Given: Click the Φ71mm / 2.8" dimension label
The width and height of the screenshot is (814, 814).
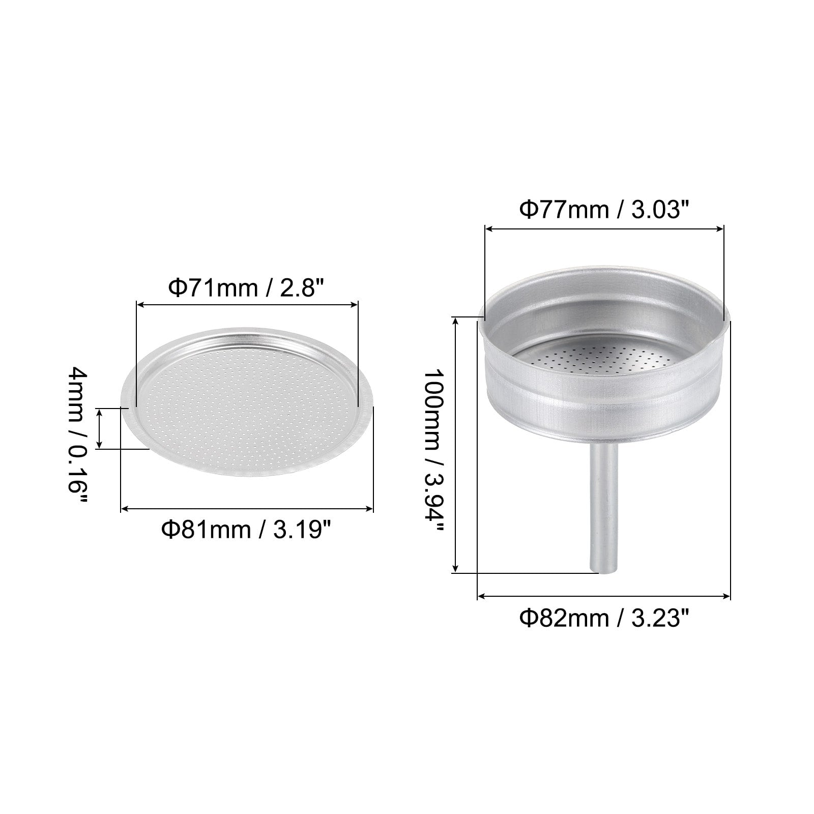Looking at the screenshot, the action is (247, 289).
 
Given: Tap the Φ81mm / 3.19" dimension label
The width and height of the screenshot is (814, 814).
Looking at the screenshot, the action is (247, 530).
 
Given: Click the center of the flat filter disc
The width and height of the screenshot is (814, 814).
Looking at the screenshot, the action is (247, 403).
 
